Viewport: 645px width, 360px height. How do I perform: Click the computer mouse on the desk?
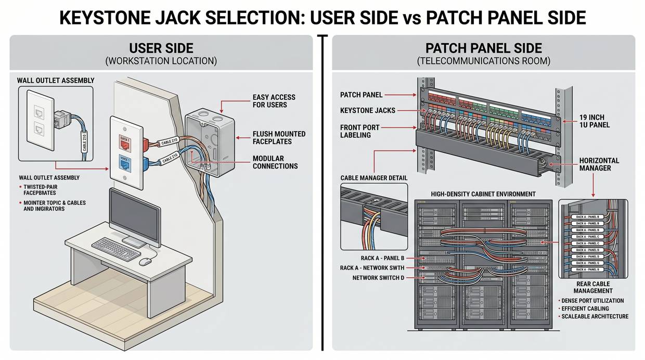146,261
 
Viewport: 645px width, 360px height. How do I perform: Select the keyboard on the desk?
115,248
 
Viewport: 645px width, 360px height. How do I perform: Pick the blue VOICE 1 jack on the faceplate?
125,164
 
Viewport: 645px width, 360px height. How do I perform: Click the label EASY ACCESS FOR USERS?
274,101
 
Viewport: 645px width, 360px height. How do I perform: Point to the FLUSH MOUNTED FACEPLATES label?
279,138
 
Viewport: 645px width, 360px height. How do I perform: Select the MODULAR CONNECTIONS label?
275,162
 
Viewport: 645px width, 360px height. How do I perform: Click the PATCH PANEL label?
361,95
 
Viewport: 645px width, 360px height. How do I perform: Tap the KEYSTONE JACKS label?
367,110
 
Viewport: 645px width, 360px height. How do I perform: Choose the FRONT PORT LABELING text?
360,131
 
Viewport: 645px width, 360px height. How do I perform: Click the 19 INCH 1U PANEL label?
595,121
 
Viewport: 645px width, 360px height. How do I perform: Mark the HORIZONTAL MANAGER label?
599,164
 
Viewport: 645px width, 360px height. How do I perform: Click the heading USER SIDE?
161,48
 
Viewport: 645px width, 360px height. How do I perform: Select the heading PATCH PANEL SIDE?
484,48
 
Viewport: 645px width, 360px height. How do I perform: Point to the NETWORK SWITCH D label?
378,278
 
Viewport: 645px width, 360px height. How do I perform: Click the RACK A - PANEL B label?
382,258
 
